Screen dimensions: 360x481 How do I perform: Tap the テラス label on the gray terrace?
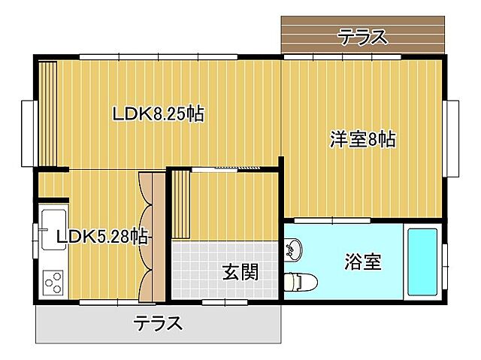tap(158, 324)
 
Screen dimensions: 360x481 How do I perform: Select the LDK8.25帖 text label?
tap(158, 114)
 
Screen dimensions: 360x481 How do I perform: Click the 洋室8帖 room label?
tap(363, 139)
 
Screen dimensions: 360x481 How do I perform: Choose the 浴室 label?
tap(363, 262)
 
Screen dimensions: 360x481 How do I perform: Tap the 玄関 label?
tap(240, 272)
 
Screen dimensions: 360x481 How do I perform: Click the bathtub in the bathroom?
tap(424, 260)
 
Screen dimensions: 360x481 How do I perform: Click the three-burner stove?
tap(53, 283)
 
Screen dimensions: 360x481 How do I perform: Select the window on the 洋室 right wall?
tap(454, 137)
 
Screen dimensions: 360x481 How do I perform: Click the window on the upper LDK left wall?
tap(28, 132)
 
